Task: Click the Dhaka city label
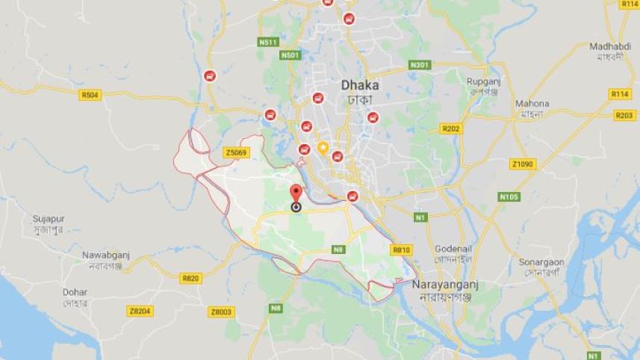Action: point(359,85)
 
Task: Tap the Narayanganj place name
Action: point(446,285)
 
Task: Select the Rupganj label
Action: point(483,81)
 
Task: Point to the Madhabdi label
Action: point(610,46)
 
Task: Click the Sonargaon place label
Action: point(541,262)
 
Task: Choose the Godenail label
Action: point(452,248)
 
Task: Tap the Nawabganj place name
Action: point(106,255)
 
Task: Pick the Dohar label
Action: point(75,292)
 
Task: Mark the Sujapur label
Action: point(49,219)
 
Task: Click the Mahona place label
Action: point(532,103)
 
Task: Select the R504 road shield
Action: point(90,95)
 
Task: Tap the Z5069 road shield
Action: point(235,152)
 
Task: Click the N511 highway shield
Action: point(268,43)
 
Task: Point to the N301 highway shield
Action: point(420,65)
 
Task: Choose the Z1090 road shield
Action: point(524,164)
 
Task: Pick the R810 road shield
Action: point(401,249)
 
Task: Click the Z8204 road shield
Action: point(140,311)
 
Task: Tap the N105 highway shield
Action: point(509,196)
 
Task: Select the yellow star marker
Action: point(323,147)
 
